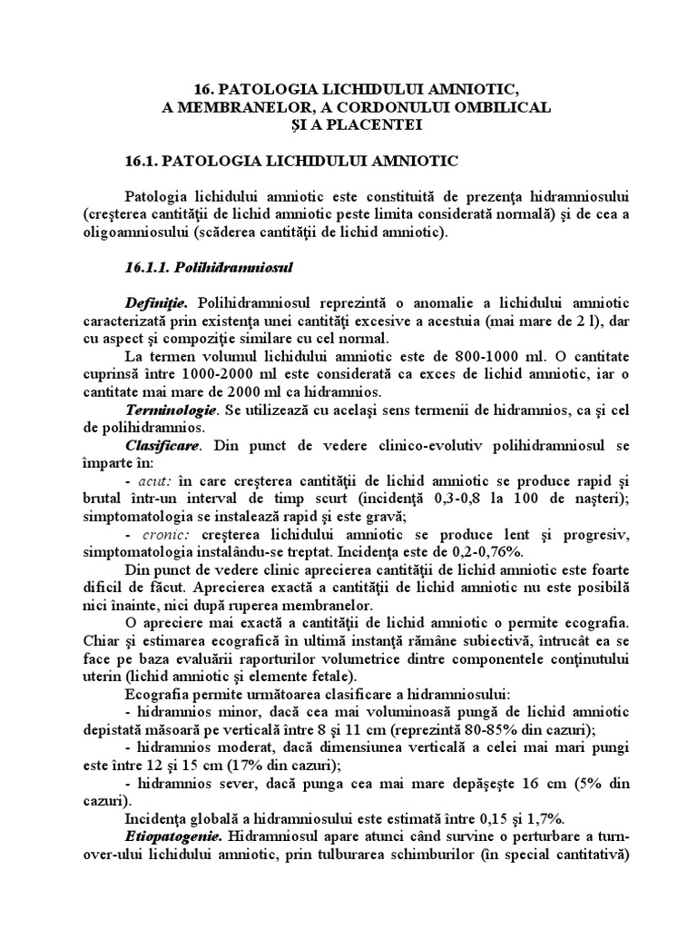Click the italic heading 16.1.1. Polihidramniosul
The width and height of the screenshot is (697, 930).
(x=206, y=268)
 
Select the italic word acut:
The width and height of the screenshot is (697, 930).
(x=153, y=480)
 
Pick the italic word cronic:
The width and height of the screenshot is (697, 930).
(x=161, y=533)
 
